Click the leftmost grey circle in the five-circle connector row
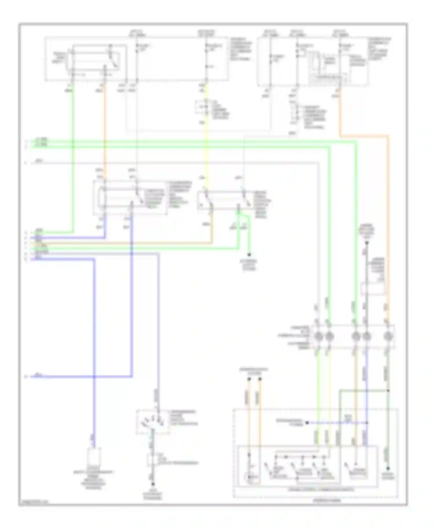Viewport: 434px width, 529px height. pyautogui.click(x=318, y=336)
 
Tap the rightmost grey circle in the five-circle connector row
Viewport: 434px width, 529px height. pyautogui.click(x=387, y=336)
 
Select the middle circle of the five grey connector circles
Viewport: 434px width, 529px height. pyautogui.click(x=356, y=336)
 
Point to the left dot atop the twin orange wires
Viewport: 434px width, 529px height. pyautogui.click(x=249, y=379)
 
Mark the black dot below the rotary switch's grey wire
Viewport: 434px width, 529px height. pyautogui.click(x=153, y=484)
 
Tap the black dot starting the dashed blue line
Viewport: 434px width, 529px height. pyautogui.click(x=307, y=423)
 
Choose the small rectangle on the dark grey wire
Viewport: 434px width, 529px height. pyautogui.click(x=373, y=289)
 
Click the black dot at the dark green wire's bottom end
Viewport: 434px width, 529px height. pyautogui.click(x=388, y=468)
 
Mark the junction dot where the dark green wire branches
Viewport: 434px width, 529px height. pyautogui.click(x=388, y=391)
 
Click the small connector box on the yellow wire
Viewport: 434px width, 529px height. pyautogui.click(x=206, y=108)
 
